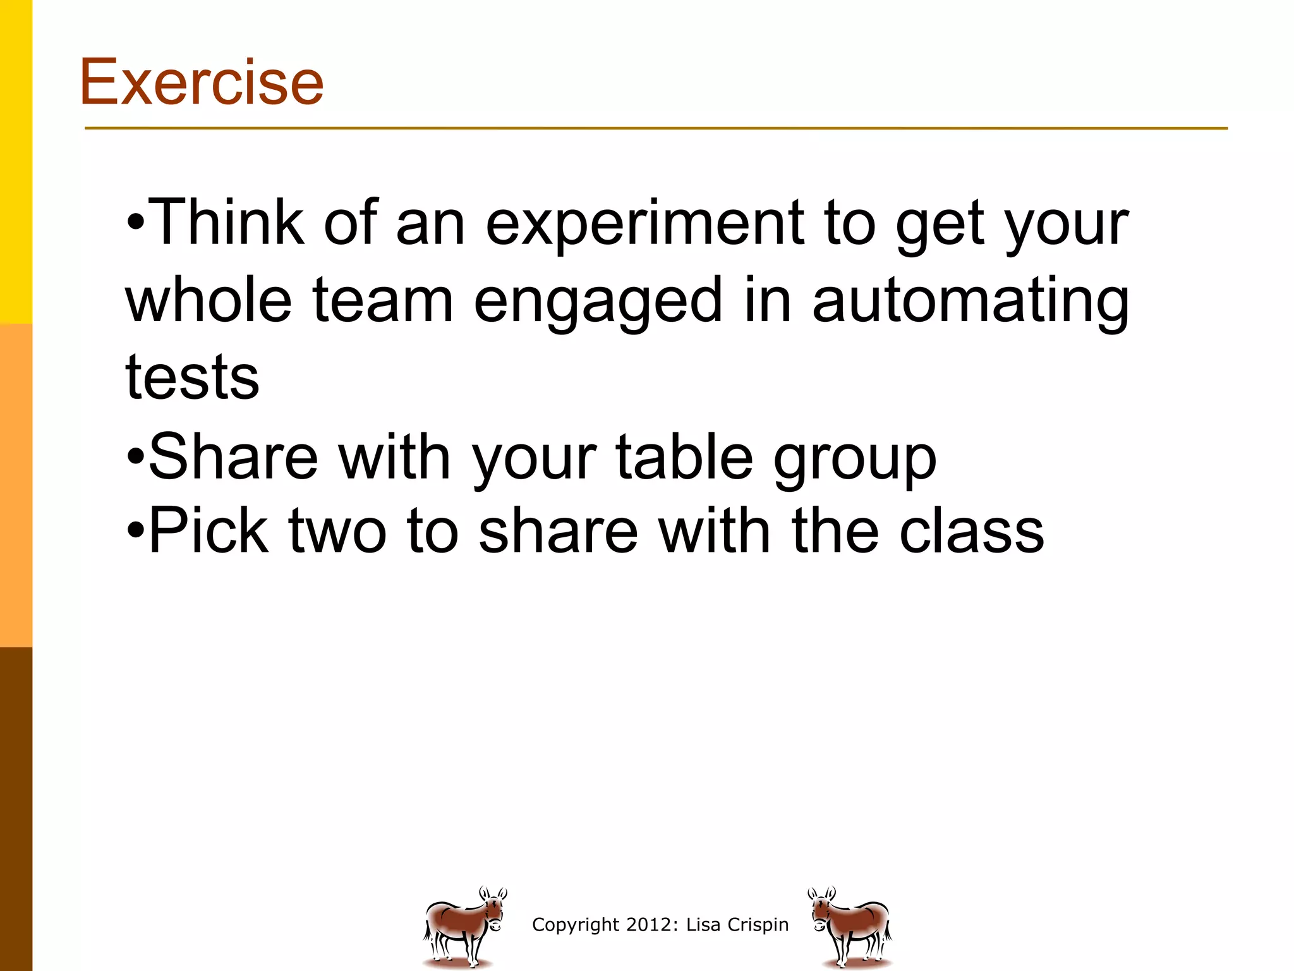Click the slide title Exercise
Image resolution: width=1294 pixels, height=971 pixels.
tap(201, 82)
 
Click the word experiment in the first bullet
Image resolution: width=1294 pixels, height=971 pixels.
tap(644, 224)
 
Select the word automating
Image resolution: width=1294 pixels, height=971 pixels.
tap(970, 302)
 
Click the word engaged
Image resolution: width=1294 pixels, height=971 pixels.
tap(597, 302)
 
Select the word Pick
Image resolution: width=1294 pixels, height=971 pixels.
tap(209, 531)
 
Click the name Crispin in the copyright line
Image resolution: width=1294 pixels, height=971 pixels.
tap(758, 925)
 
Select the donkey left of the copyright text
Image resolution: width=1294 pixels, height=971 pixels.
tap(464, 927)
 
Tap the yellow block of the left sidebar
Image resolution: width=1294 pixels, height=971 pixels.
tap(16, 161)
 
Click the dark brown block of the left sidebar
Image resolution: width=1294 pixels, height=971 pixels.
tap(16, 809)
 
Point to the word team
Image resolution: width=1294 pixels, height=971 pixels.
tap(383, 302)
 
